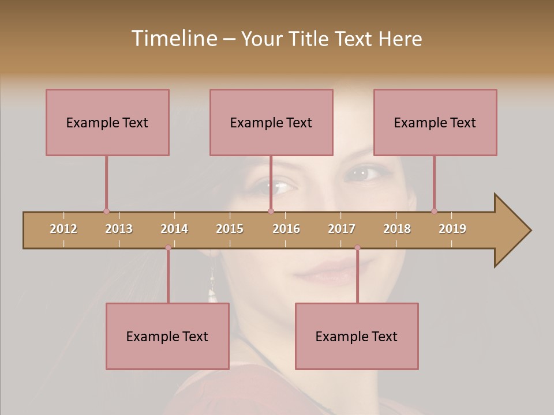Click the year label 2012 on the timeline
click(63, 229)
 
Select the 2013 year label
click(119, 229)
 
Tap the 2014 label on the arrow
click(174, 229)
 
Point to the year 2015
click(230, 229)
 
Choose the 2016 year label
click(286, 229)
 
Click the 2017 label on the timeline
click(342, 229)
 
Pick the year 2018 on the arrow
click(397, 229)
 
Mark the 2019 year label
click(452, 229)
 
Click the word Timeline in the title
click(173, 39)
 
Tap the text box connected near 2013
click(107, 122)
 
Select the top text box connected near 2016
click(271, 122)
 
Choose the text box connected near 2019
click(435, 122)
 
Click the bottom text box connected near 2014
click(167, 336)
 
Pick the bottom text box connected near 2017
click(357, 336)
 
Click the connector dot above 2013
click(106, 211)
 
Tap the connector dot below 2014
click(168, 248)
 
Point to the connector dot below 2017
click(357, 248)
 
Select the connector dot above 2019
click(434, 211)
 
